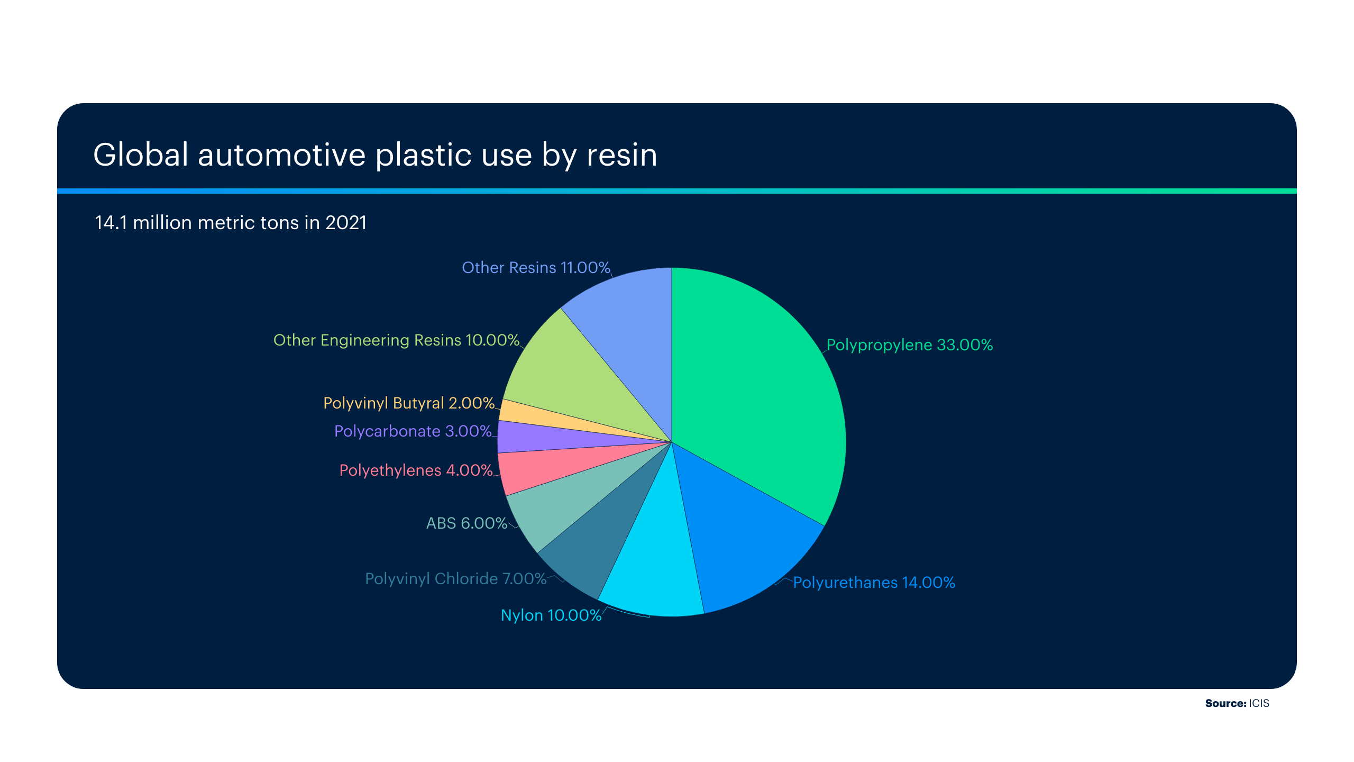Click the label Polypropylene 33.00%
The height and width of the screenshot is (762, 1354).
tap(910, 345)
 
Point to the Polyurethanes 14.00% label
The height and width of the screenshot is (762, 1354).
tap(874, 583)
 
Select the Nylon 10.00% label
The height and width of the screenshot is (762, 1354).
tap(551, 615)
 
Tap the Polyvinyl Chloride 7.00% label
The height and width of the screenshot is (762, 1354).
tap(455, 579)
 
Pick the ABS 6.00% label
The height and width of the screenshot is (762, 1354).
tap(466, 523)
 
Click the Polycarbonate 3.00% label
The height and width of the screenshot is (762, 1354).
tap(413, 431)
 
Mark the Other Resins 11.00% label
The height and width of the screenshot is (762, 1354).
tap(536, 268)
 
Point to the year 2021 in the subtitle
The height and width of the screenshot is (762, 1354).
tap(346, 223)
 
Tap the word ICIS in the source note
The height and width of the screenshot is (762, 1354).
tap(1259, 703)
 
